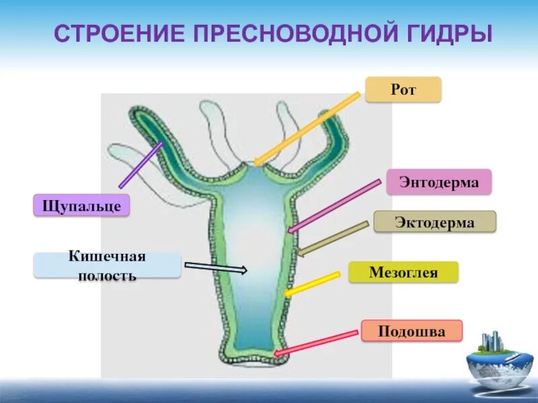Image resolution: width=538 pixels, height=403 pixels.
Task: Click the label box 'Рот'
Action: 403,89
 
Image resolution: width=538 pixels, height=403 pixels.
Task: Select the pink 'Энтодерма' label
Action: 438,182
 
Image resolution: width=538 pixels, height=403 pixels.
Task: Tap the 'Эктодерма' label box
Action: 434,222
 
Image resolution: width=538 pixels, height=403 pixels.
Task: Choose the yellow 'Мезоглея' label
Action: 403,272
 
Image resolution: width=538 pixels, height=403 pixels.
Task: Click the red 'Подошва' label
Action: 412,330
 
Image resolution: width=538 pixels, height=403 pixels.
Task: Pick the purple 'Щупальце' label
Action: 81,205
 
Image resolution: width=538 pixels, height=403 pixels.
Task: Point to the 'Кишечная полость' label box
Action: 107,265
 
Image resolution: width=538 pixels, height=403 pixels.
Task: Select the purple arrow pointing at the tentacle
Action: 141,165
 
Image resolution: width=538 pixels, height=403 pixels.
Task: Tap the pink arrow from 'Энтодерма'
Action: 334,206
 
